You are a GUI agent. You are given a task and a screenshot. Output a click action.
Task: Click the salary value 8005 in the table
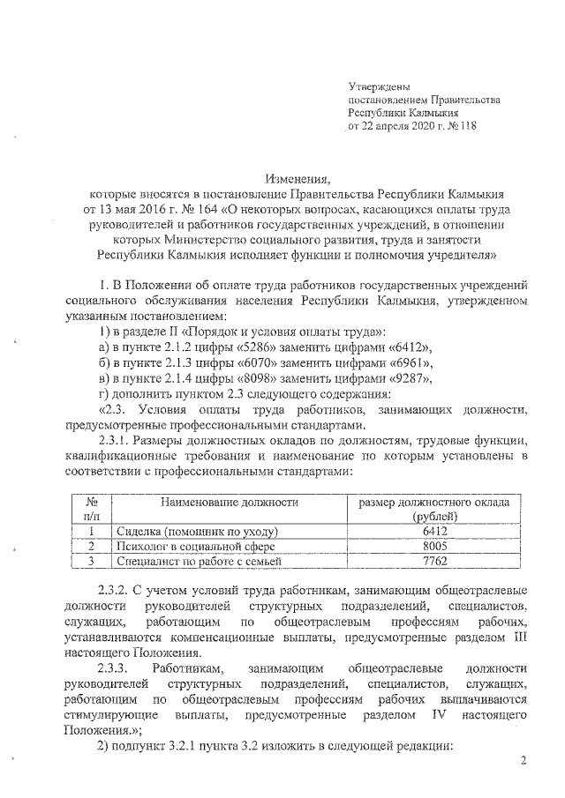(x=431, y=546)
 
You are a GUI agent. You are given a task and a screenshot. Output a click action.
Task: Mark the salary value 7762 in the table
(x=431, y=561)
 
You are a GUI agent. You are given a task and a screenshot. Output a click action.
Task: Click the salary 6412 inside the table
(x=431, y=532)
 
